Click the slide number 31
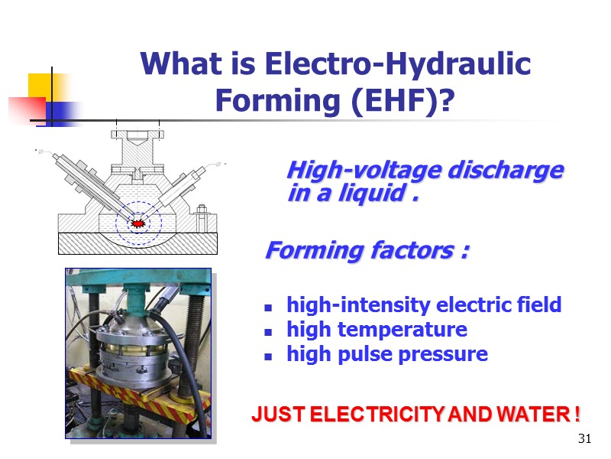586,438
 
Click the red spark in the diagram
137,223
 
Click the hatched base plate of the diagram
137,244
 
